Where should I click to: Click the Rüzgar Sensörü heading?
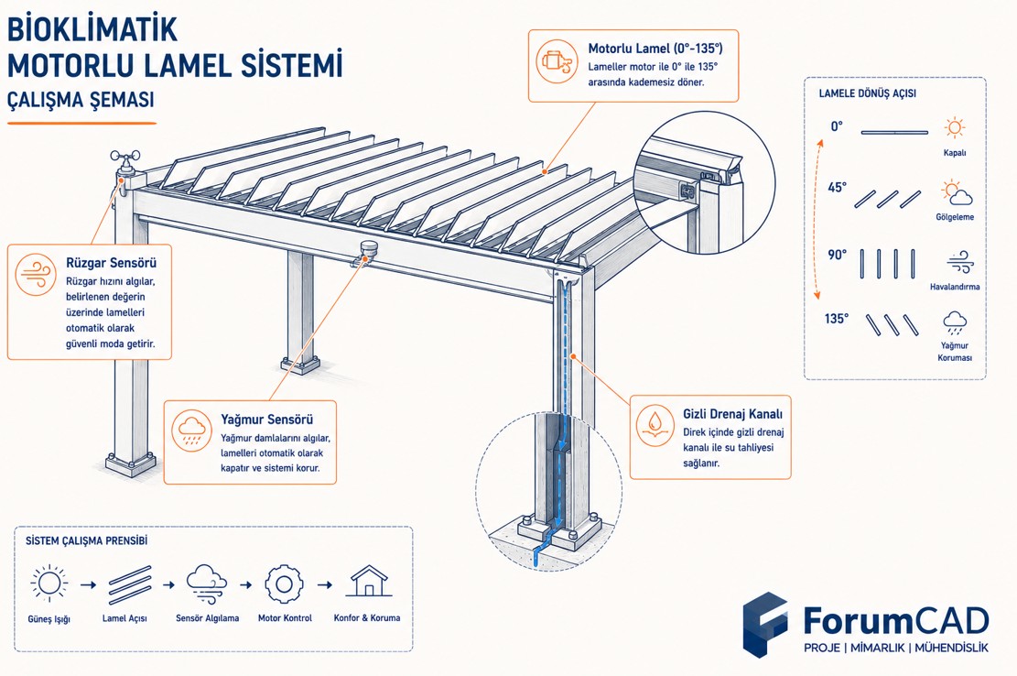pos(111,263)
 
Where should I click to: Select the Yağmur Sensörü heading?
pos(266,420)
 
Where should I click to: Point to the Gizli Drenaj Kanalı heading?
pos(732,414)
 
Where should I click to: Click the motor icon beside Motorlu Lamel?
pos(557,61)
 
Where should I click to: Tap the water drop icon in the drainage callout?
pos(655,426)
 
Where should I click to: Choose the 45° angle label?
pos(837,188)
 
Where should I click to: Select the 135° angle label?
pos(836,319)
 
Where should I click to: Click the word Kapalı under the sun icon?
pos(954,153)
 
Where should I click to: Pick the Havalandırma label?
pos(955,286)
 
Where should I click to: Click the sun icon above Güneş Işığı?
pos(49,583)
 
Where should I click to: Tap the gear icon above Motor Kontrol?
pos(284,583)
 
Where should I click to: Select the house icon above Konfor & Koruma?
pos(368,582)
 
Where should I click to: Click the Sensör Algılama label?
pos(207,618)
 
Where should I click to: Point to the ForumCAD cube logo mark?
pos(765,624)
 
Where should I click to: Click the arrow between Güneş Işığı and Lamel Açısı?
pos(88,584)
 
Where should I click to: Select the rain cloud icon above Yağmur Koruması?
pos(954,322)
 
